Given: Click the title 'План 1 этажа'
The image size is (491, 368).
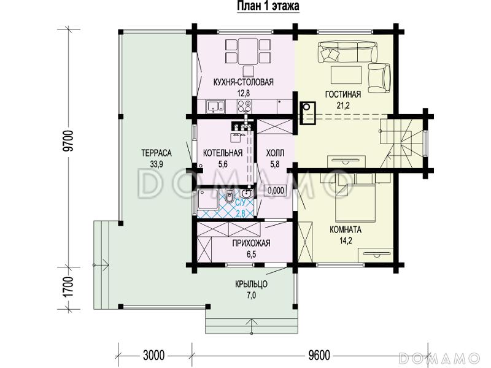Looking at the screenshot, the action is coord(268,6).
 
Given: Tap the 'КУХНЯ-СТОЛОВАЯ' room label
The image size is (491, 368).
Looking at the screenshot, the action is coord(243,82).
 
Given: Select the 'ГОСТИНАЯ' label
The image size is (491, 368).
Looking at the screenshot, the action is coord(343,94).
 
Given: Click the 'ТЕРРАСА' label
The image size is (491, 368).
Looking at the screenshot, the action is coord(157,153).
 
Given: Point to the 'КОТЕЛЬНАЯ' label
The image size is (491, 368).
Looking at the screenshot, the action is coord(223,153).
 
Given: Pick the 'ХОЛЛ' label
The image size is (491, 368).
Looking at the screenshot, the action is coord(275,153).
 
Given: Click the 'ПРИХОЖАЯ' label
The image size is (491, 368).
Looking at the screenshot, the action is coord(251,243).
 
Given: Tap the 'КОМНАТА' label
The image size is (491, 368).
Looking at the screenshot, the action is coord(346,229).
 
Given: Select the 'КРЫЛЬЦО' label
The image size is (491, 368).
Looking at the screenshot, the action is coord(251,284).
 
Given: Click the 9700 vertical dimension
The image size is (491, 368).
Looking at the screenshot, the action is coord(69,140).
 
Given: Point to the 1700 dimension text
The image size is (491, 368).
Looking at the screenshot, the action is coord(69,287).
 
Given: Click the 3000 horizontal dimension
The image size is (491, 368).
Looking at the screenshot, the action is coord(154,356).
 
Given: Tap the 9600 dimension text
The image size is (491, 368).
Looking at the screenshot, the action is coord(319,356).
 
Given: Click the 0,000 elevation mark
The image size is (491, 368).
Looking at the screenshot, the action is coord(276,190).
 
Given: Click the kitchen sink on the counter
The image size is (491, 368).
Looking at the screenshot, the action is coord(215,105).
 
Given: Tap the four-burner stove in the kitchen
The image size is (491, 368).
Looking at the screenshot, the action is coord(244,105).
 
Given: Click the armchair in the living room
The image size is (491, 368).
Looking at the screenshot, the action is coord(379,78).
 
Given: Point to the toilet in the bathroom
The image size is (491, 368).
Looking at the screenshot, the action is coord(229,196).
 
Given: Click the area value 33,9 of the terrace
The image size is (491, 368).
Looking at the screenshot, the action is coord(157,164).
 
